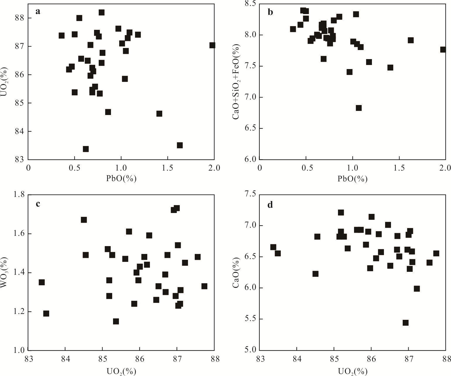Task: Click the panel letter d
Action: [270, 205]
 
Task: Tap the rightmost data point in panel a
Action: [212, 45]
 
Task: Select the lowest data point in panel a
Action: [86, 149]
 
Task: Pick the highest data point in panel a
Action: [102, 13]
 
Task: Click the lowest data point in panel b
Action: [359, 108]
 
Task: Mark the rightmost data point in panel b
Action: [443, 50]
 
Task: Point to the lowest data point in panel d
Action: [406, 323]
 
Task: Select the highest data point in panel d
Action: [341, 212]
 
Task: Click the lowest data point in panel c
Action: [116, 322]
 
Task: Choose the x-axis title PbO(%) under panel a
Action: [121, 178]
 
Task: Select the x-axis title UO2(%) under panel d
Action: [353, 371]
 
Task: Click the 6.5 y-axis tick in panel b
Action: [252, 128]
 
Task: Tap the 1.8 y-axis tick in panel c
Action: [20, 195]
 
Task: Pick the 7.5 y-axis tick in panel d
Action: [252, 195]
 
